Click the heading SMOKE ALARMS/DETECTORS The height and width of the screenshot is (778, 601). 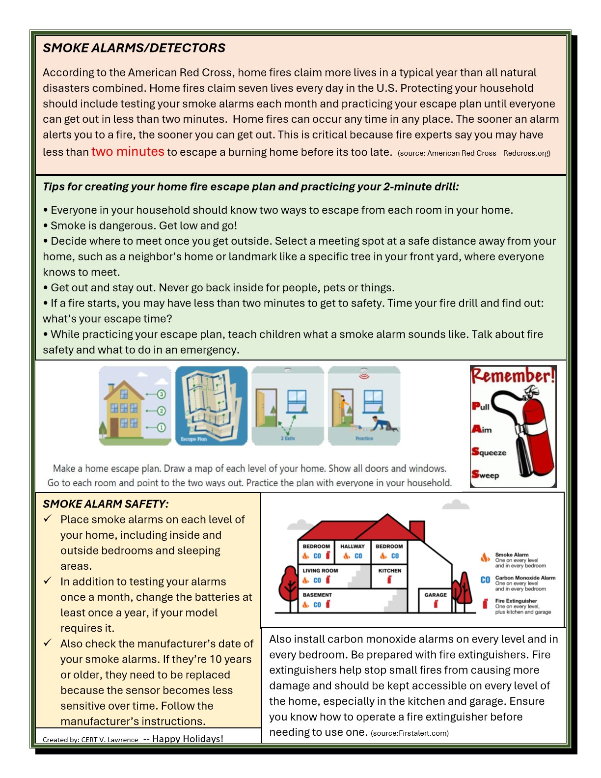(134, 48)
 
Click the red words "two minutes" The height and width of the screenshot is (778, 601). (128, 152)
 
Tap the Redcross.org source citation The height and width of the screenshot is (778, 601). (474, 153)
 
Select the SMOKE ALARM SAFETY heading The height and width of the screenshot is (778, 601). (106, 504)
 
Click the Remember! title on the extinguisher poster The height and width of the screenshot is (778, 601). (513, 376)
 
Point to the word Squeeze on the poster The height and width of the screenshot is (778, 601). (489, 452)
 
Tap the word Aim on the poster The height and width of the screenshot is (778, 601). (482, 430)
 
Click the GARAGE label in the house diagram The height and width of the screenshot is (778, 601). (436, 595)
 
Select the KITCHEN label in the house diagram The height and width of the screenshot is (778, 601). (389, 571)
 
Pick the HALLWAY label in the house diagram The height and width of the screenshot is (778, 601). (353, 546)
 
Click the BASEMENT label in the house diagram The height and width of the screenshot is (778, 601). (317, 595)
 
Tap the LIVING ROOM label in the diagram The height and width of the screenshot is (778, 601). (320, 571)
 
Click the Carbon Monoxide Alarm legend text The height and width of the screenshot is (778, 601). (525, 578)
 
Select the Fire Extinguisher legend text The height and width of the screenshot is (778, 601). (516, 601)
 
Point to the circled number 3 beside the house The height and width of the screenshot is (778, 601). (162, 394)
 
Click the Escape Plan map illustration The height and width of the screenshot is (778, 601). (211, 405)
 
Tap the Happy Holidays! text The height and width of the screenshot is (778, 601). (188, 739)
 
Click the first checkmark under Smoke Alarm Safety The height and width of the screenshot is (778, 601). (48, 519)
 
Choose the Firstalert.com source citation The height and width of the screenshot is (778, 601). (410, 733)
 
